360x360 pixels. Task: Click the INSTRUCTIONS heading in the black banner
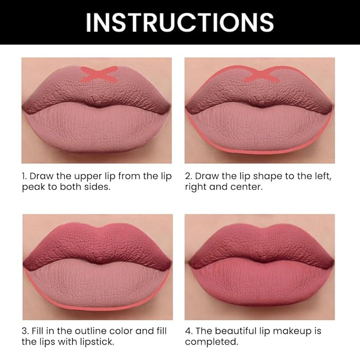pos(180,22)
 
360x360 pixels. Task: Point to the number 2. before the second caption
pos(188,176)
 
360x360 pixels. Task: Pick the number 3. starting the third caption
pos(25,331)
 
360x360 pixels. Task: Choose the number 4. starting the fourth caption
pos(189,331)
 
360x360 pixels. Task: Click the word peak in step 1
pos(32,188)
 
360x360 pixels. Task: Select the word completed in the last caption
pos(209,342)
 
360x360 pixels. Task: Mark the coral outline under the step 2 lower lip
pos(260,151)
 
